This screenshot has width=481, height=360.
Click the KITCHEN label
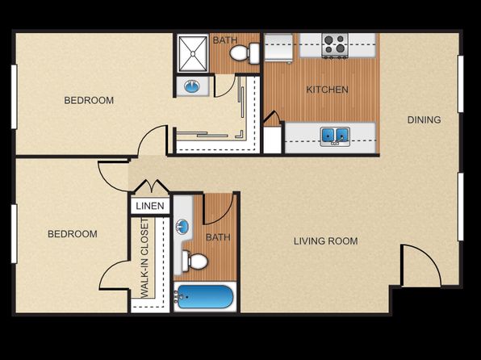coord(327,90)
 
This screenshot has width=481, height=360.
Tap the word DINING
coord(424,119)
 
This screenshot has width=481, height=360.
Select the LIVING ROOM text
coord(326,241)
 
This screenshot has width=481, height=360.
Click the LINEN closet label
coord(150,206)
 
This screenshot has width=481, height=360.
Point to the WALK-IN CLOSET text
coord(144,257)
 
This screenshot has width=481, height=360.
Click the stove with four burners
coord(335,45)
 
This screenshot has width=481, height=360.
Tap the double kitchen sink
coord(335,136)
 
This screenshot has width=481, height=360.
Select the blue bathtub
coord(204,297)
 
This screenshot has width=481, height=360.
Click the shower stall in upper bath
coord(193,54)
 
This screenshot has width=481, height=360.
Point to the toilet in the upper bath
coord(245,53)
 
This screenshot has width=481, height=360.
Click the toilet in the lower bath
coord(194,262)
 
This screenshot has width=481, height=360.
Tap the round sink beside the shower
coord(192,86)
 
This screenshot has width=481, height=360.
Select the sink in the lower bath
coord(182,227)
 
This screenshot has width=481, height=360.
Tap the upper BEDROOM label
coord(89,100)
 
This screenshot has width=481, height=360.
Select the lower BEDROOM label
coord(73,234)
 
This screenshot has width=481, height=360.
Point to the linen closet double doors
coord(150,186)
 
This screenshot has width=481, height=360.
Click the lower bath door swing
coord(219,209)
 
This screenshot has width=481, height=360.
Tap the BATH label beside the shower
coord(225,40)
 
